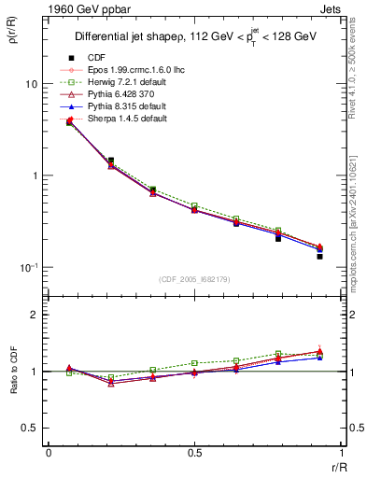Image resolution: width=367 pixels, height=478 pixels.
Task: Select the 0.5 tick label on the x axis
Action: (194, 453)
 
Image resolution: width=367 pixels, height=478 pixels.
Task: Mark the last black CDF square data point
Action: (319, 256)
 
